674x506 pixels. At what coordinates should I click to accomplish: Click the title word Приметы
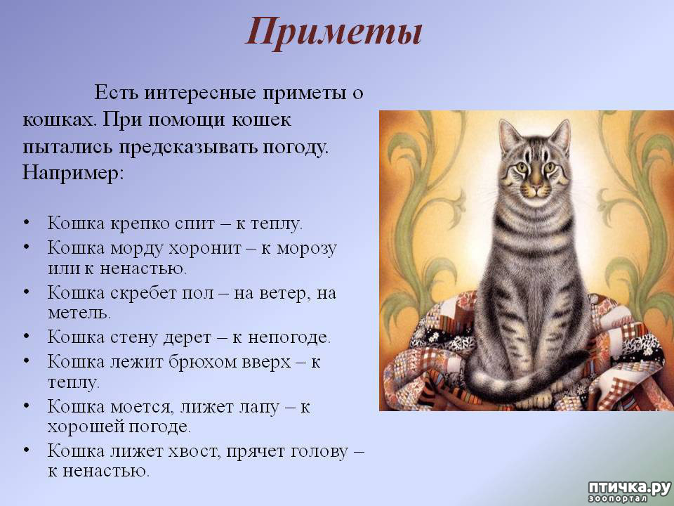tap(334, 32)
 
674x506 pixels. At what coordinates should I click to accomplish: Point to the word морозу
tap(307, 249)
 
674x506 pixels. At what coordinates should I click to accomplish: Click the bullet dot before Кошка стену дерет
tap(27, 337)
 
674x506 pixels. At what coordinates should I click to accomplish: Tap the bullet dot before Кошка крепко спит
tap(27, 223)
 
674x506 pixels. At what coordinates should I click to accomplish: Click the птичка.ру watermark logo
tap(629, 491)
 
